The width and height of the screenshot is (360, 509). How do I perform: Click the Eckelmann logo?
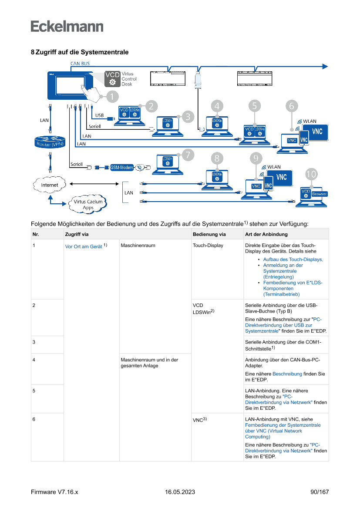point(67,27)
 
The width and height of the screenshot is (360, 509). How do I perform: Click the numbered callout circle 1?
point(111,96)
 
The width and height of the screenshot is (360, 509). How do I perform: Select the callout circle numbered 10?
point(311,174)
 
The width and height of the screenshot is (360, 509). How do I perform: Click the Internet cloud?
point(49,185)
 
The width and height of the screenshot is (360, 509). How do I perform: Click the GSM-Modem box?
point(121,167)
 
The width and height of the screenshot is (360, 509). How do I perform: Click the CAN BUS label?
point(80,64)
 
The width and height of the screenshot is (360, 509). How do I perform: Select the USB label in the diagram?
point(99,115)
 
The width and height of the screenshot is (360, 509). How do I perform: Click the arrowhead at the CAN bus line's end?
point(324,66)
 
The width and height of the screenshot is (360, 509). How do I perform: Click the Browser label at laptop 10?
point(319,194)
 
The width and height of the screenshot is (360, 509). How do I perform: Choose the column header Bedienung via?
point(209,234)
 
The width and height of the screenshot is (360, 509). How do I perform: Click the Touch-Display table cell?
point(208,246)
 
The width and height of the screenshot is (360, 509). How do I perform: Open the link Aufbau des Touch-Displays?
point(293,260)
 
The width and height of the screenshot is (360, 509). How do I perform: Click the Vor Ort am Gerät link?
point(84,246)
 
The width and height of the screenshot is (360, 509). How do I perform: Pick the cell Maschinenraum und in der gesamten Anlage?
point(149,363)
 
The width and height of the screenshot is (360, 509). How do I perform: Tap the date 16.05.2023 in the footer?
point(180,492)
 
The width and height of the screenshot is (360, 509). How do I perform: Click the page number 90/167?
point(320,492)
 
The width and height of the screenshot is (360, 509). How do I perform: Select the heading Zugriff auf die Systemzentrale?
point(82,52)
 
